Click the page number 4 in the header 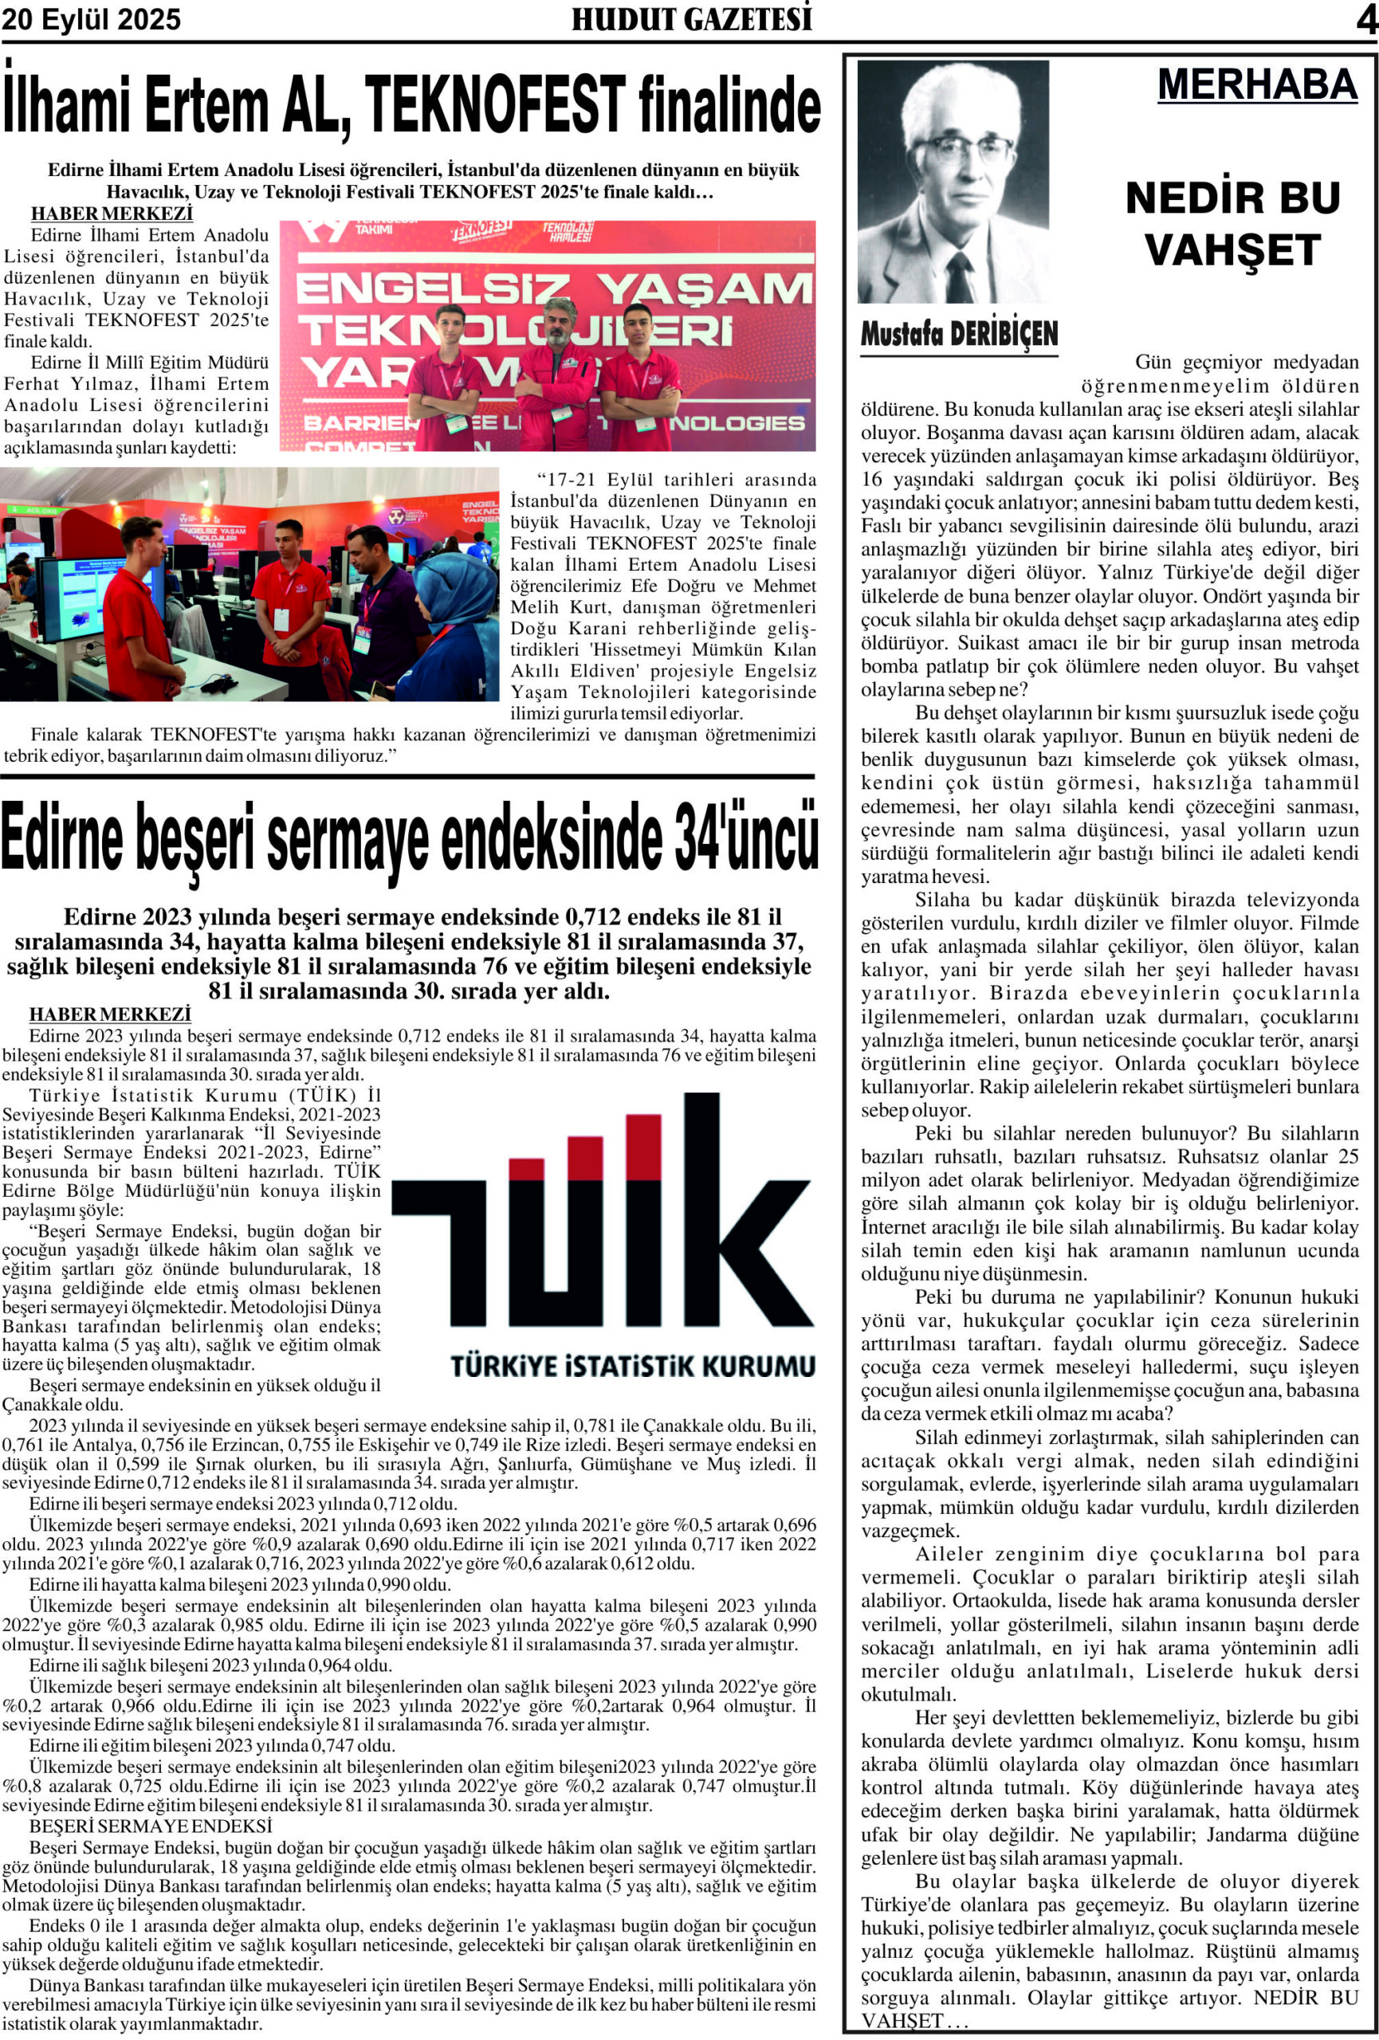click(1365, 19)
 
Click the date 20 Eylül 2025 click(92, 19)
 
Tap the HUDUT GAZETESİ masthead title click(691, 19)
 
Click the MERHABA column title click(1257, 85)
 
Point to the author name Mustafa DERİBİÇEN click(959, 334)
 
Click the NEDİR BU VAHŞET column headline click(1232, 224)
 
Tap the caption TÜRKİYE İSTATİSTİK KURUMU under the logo click(632, 1366)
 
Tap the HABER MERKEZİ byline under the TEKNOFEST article click(112, 214)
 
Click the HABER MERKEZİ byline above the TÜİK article click(110, 1014)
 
